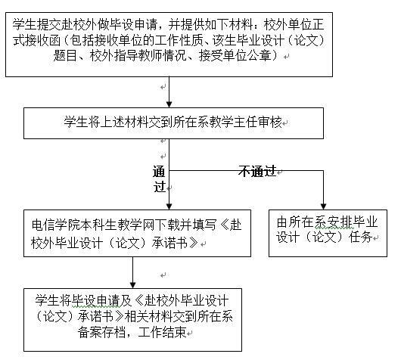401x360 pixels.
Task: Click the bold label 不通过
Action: (x=257, y=171)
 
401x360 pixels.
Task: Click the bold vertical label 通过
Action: (x=159, y=178)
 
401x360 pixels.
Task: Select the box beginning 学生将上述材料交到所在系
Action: (x=173, y=123)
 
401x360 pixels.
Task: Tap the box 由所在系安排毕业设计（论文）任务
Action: (x=328, y=233)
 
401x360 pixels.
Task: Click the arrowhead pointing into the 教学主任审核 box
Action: (x=169, y=104)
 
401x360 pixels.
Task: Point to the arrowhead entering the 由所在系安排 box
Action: (x=323, y=206)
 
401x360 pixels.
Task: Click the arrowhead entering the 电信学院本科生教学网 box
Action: (x=169, y=206)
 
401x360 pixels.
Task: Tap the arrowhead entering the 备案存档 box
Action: (x=132, y=285)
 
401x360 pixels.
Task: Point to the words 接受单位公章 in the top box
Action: (x=235, y=55)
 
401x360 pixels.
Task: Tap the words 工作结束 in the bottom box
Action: (x=162, y=332)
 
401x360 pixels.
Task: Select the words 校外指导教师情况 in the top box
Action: (x=138, y=55)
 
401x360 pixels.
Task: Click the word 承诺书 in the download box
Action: (x=169, y=242)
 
